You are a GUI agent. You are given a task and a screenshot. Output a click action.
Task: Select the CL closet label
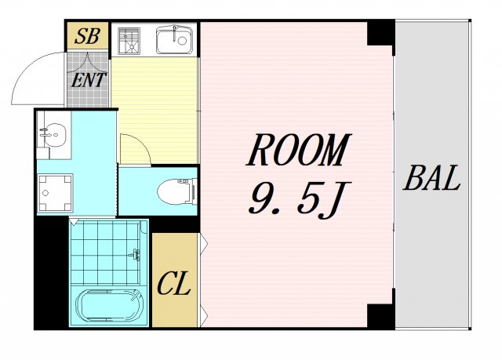pyautogui.click(x=174, y=283)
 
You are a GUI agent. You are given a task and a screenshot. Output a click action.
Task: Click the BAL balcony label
pyautogui.click(x=431, y=179)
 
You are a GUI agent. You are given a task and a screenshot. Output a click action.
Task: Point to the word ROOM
pyautogui.click(x=297, y=152)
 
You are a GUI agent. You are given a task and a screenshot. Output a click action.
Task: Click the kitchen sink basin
pyautogui.click(x=174, y=40)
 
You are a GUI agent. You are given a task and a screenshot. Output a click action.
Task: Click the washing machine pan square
pyautogui.click(x=54, y=191)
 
